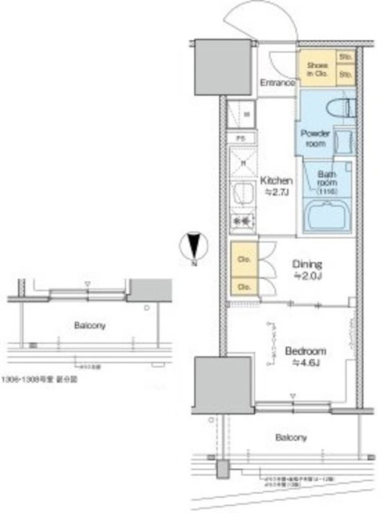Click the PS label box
point(240,139)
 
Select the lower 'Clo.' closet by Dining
point(241,285)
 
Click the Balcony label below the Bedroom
point(291,438)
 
